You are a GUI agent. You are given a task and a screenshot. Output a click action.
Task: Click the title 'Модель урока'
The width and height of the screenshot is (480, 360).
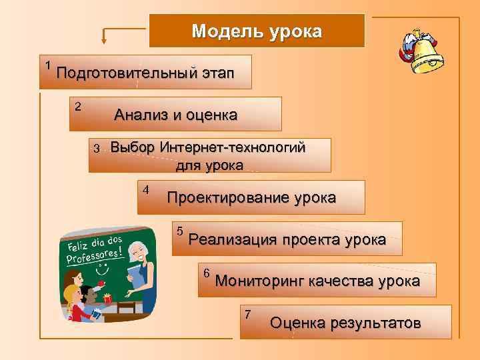(257, 31)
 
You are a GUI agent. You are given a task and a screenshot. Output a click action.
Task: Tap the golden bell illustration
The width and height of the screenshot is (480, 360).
(427, 53)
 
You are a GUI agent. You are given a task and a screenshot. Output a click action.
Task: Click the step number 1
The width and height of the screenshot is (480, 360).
(48, 65)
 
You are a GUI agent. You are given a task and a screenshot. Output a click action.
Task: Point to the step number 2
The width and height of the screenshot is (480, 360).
(78, 106)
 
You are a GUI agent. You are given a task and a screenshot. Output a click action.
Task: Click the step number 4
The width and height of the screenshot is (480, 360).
(145, 189)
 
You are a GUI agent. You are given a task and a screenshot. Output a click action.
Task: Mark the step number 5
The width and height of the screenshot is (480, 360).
(179, 231)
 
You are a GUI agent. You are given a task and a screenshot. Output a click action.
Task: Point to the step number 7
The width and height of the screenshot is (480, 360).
(248, 315)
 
